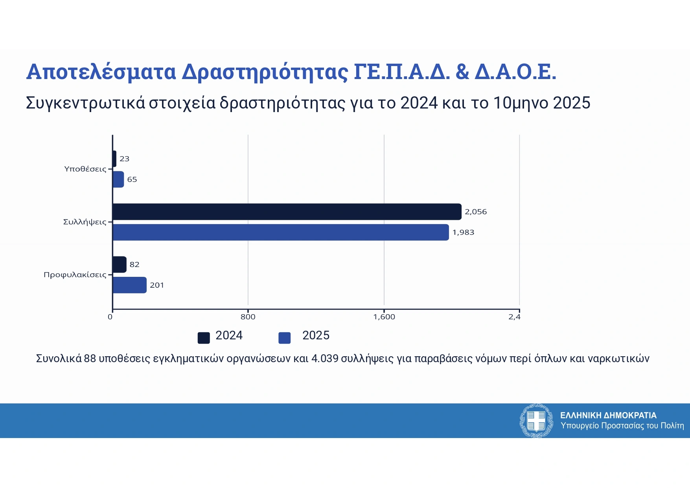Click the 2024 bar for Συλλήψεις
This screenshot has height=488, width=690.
pos(287,212)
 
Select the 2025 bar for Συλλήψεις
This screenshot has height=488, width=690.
pos(280,232)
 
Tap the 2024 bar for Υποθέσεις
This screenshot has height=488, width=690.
pos(114,159)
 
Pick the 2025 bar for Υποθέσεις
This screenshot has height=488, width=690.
pos(118,179)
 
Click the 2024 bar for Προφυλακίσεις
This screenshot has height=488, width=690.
pos(120,265)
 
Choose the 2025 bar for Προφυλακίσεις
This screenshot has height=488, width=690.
pos(129,285)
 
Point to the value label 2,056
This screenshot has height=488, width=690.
pos(476,212)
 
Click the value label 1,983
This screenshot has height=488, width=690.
pos(463,232)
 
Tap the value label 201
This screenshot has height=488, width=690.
pos(157,285)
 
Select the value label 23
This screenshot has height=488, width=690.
pos(124,159)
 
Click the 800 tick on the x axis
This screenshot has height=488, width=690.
pos(248,317)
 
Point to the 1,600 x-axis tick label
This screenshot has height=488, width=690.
pos(384,317)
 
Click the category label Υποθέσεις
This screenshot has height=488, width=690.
pos(85,169)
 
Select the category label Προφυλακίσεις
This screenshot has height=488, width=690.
pos(75,275)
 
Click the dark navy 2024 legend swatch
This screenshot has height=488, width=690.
pos(204,338)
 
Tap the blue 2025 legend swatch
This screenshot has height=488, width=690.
pos(284,338)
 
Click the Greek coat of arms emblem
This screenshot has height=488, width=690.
pos(536,420)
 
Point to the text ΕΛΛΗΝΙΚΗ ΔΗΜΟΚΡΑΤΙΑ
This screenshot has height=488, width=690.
pos(608,415)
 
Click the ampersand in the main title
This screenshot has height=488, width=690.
pos(462,72)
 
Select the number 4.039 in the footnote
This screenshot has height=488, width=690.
pos(325,359)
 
